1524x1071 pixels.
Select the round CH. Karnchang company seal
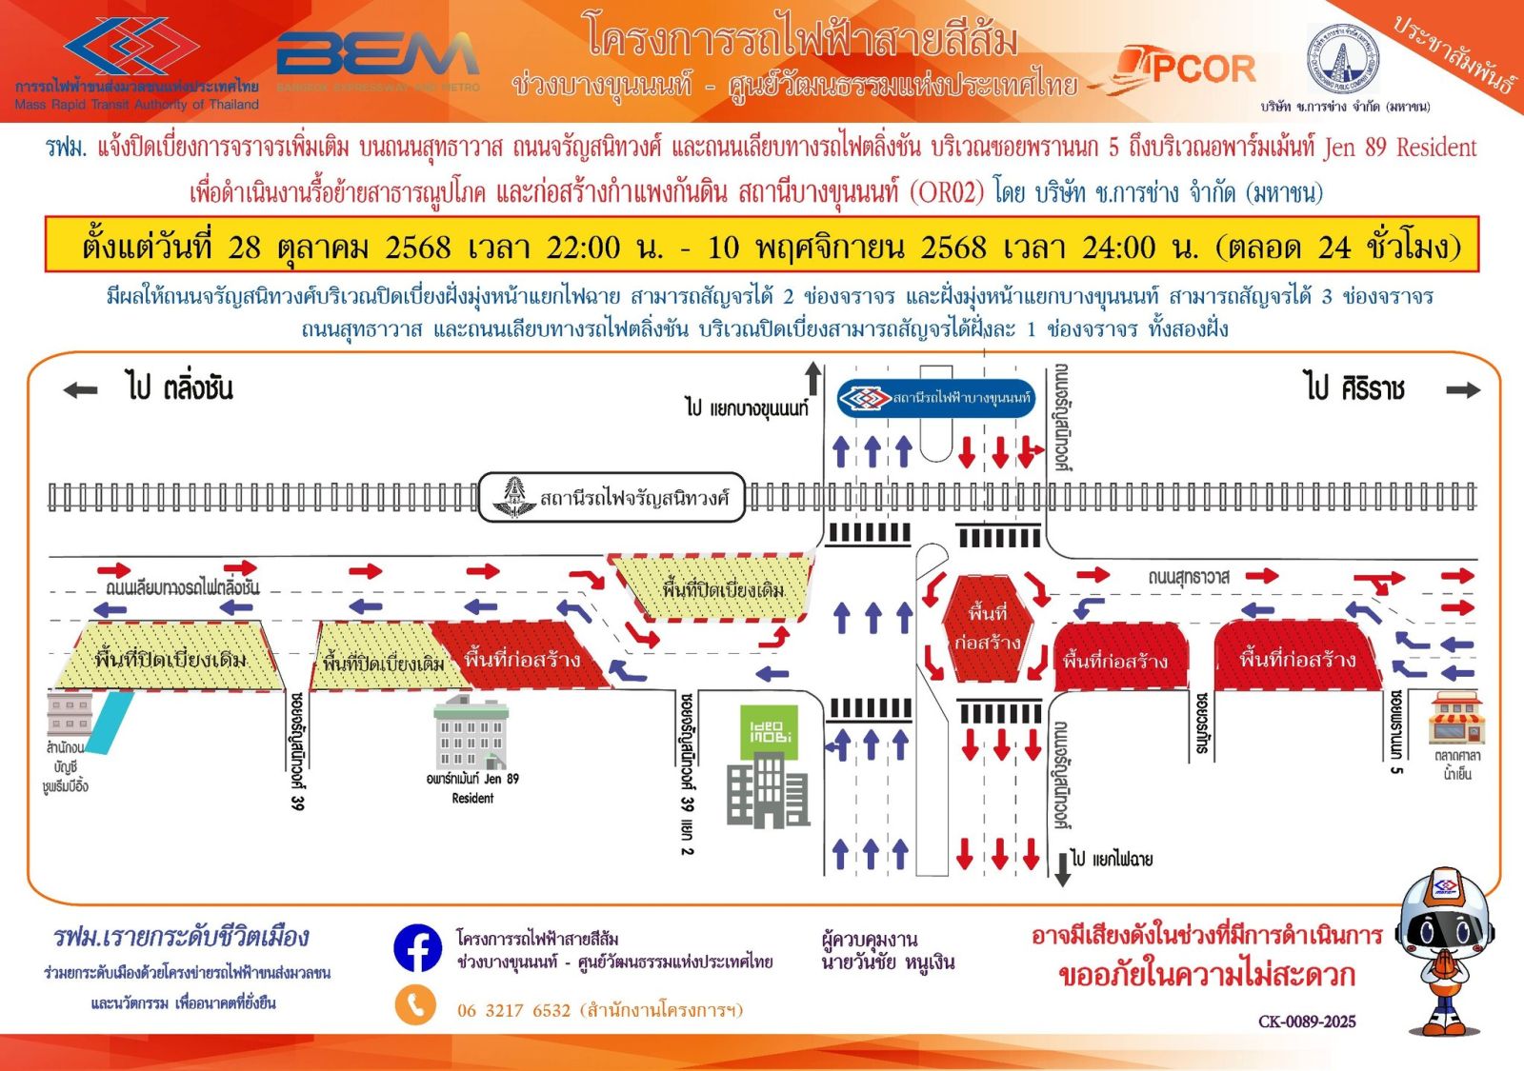pyautogui.click(x=1343, y=59)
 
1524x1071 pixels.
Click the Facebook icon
pyautogui.click(x=417, y=948)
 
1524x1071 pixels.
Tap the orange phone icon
pyautogui.click(x=415, y=1005)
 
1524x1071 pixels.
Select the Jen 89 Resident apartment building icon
pyautogui.click(x=471, y=733)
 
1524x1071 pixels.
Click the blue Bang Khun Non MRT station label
pyautogui.click(x=935, y=398)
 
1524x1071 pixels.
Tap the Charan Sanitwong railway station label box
pyautogui.click(x=611, y=497)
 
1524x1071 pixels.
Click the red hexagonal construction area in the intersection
pyautogui.click(x=987, y=627)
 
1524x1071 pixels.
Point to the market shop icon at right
pyautogui.click(x=1456, y=720)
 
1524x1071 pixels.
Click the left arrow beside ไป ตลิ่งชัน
pyautogui.click(x=81, y=389)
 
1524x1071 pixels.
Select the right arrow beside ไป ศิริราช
pyautogui.click(x=1462, y=389)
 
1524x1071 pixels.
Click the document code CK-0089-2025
pyautogui.click(x=1307, y=1021)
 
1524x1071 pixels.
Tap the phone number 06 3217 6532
pyautogui.click(x=513, y=1010)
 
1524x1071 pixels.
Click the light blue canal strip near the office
pyautogui.click(x=111, y=723)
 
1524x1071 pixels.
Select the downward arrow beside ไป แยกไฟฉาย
pyautogui.click(x=1062, y=868)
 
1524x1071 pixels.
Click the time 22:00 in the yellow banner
pyautogui.click(x=583, y=248)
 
